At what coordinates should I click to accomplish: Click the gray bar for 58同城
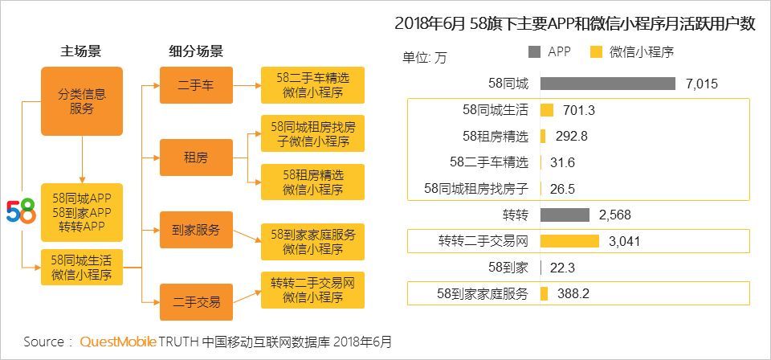click(x=607, y=84)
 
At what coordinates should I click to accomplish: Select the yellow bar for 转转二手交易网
click(x=569, y=241)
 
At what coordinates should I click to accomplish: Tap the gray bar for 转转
click(x=565, y=215)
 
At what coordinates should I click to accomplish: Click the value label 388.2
click(x=573, y=294)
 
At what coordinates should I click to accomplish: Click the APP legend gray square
click(x=535, y=52)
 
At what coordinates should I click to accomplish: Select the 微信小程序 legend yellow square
click(x=596, y=52)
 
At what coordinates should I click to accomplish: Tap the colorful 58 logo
click(x=21, y=211)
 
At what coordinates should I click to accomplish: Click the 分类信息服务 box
click(x=82, y=101)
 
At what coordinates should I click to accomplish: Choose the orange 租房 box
click(x=196, y=157)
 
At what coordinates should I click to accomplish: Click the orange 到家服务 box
click(x=196, y=229)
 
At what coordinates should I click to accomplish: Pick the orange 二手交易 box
click(x=196, y=302)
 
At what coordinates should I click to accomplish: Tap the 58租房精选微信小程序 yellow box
click(x=312, y=182)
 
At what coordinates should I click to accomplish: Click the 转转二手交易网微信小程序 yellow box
click(x=312, y=290)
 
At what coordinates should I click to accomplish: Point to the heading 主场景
click(x=81, y=51)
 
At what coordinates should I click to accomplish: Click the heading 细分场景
click(x=196, y=51)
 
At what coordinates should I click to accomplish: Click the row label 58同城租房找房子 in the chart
click(x=476, y=189)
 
